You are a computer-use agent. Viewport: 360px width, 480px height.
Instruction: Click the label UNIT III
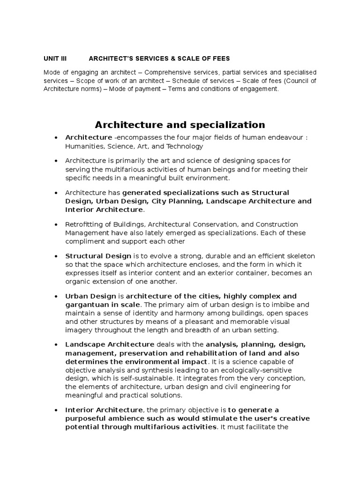point(55,59)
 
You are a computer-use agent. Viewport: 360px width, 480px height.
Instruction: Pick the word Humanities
point(83,146)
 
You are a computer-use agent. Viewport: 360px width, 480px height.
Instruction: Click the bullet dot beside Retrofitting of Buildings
point(56,225)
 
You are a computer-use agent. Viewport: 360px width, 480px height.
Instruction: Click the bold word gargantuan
point(86,305)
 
